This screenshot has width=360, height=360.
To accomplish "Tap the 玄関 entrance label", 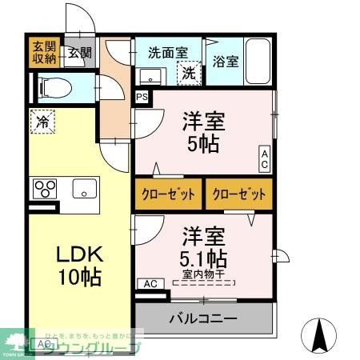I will click(78, 54).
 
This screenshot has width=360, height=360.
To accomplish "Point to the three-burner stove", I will click(45, 190).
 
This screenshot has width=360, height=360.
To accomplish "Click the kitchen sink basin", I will click(83, 189).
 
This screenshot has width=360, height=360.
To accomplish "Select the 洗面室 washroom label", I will click(168, 53).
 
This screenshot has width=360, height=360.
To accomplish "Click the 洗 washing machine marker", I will click(189, 74).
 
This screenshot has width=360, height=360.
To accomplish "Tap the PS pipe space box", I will click(142, 98).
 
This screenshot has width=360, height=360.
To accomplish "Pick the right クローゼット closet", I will click(238, 194).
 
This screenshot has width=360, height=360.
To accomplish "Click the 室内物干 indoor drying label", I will click(204, 275).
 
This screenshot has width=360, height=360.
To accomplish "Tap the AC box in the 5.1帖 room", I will click(149, 283).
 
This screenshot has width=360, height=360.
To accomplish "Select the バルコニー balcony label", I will click(203, 319).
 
